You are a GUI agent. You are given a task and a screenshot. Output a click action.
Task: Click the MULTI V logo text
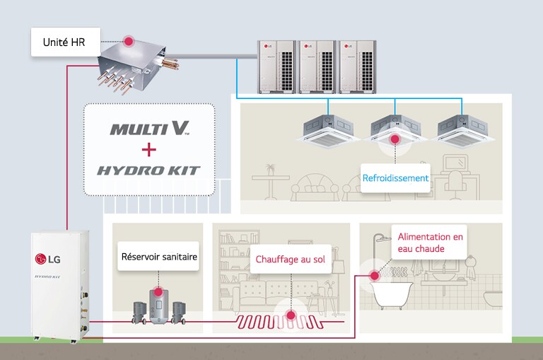click(x=149, y=129)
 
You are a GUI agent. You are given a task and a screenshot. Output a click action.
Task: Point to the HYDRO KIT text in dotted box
click(x=149, y=170)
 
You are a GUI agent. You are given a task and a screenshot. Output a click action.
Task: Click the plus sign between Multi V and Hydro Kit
click(x=149, y=149)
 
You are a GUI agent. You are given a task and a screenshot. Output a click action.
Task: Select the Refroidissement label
click(x=395, y=178)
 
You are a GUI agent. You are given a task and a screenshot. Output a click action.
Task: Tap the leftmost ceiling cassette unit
click(x=329, y=127)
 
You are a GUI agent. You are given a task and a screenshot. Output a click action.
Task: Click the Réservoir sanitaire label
click(x=158, y=257)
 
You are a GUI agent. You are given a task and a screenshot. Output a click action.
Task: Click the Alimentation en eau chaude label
click(x=430, y=243)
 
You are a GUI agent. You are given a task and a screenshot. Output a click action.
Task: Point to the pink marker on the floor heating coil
click(x=289, y=316)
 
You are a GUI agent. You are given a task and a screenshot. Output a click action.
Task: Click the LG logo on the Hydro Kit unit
click(x=50, y=257)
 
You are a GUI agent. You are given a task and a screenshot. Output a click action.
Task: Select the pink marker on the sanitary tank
click(x=158, y=291)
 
